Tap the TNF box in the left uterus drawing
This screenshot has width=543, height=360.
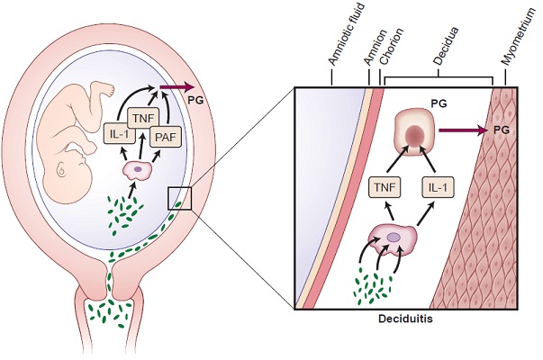coord(140,117)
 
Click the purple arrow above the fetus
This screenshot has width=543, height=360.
coord(172,88)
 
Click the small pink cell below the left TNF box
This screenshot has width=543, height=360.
coord(137,168)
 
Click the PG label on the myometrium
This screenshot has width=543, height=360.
coord(504,131)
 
